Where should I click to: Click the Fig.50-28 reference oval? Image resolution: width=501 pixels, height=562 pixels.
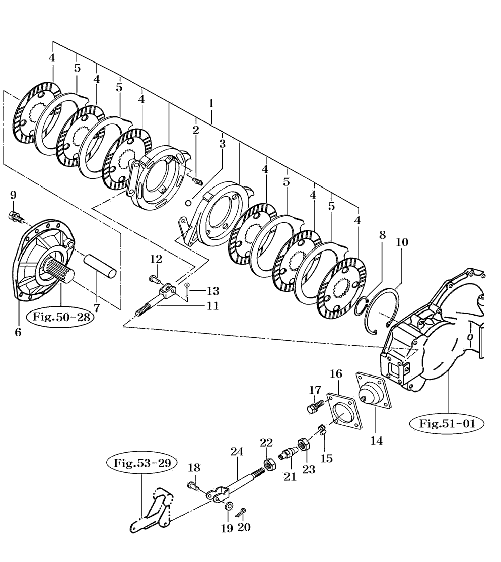coord(61,317)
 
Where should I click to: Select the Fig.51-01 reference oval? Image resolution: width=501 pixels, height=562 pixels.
coord(447,424)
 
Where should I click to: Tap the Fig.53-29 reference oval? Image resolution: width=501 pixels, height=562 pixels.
coord(141,463)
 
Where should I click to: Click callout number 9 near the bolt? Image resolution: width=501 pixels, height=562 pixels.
coord(13,196)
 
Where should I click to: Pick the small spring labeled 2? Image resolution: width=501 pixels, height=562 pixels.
coord(198,181)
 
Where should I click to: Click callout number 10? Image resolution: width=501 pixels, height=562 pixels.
coord(402,242)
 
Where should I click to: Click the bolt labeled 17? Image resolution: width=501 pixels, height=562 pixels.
coord(316,407)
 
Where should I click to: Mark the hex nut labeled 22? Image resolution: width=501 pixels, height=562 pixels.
coord(269,464)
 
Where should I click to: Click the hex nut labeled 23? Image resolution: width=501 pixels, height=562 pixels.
coord(304,445)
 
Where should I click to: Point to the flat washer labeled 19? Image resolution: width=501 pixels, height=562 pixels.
coord(228,506)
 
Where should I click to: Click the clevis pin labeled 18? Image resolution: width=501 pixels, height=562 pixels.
coord(193,486)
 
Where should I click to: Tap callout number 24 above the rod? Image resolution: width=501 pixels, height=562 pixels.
coord(237,452)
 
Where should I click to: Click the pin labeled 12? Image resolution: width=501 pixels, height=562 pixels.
coord(154,278)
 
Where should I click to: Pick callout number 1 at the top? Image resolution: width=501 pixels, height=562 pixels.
coord(211,104)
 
